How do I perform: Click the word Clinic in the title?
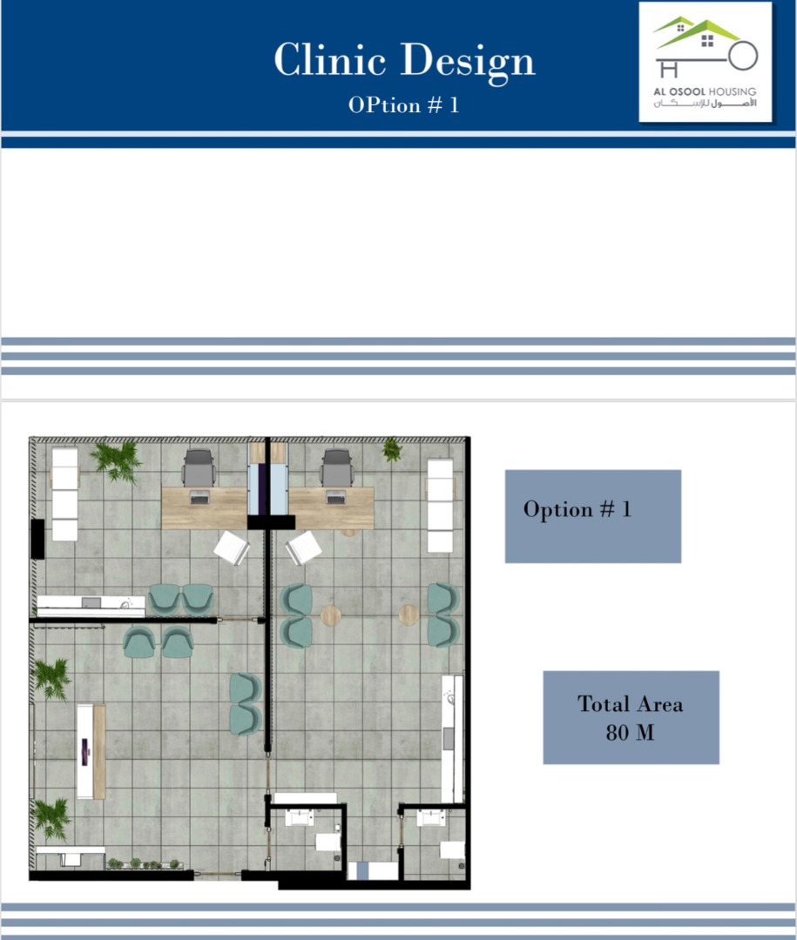coord(329,59)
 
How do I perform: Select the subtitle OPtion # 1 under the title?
coord(403,105)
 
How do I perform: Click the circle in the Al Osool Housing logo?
coord(743,56)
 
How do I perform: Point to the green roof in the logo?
coord(696,32)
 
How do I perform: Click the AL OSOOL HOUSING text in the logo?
coord(705,91)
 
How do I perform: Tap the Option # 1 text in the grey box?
coord(577,509)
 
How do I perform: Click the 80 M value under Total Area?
coord(630,733)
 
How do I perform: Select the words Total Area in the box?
coord(630,704)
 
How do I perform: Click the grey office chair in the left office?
coord(199,468)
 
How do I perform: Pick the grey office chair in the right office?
coord(337,468)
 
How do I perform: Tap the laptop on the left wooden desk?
coord(199,497)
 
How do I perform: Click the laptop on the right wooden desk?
coord(335,497)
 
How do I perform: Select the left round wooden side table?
coord(330,615)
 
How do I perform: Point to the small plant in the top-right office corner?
coord(392,449)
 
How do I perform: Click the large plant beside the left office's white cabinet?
coord(117,461)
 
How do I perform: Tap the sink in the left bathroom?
coord(299,817)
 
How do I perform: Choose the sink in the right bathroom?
coord(431,817)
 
